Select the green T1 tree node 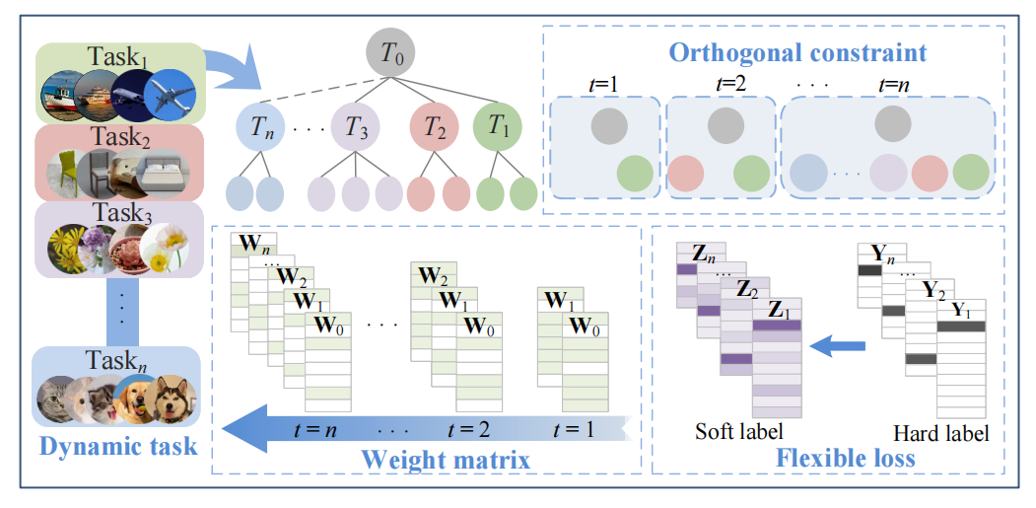[498, 128]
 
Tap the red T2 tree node [435, 128]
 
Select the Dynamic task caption [118, 446]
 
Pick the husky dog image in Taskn [176, 400]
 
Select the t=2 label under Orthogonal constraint [726, 84]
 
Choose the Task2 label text [117, 137]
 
